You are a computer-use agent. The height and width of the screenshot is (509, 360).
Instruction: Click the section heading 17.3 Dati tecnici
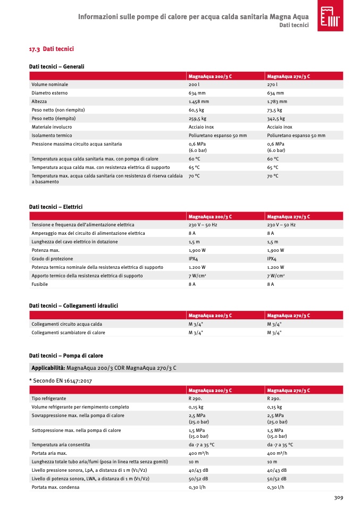[x=51, y=49]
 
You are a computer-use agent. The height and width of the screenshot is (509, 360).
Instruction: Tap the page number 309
[x=338, y=497]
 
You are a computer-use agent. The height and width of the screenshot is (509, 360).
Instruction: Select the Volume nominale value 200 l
[x=194, y=84]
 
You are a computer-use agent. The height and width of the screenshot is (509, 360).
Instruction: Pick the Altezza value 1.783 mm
[x=277, y=101]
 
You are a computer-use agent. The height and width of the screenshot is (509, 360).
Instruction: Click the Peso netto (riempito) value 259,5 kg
[x=197, y=118]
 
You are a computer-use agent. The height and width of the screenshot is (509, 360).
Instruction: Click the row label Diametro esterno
[x=49, y=93]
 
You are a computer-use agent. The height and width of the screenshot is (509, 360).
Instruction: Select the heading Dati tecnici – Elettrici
[x=56, y=206]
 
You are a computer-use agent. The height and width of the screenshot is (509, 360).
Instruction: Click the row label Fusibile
[x=40, y=284]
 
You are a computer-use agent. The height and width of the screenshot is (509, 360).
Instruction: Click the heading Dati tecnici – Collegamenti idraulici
[x=73, y=306]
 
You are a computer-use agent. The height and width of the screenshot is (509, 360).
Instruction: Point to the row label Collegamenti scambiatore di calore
[x=68, y=333]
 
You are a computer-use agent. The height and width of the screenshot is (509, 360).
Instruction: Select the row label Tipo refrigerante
[x=49, y=398]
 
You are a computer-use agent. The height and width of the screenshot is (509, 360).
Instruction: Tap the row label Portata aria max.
[x=49, y=453]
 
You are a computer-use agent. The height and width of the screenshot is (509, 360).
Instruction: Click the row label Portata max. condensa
[x=55, y=487]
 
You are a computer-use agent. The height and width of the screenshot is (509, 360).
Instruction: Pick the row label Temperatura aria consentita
[x=61, y=445]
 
